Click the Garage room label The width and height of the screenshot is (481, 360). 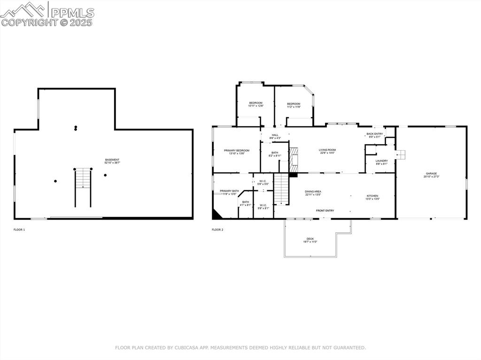[x=431, y=175]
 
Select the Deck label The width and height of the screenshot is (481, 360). [x=310, y=240]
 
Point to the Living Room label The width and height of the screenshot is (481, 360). [x=327, y=151]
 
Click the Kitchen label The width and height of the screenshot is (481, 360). [x=372, y=197]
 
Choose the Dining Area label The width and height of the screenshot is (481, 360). [x=313, y=193]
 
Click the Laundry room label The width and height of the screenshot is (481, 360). [x=381, y=162]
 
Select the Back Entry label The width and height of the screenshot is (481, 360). [x=374, y=135]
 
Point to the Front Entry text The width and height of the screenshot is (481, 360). [x=325, y=211]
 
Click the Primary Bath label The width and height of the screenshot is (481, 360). [x=229, y=192]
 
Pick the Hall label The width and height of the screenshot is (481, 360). [x=275, y=137]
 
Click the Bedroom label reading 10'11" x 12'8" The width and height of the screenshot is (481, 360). [x=256, y=104]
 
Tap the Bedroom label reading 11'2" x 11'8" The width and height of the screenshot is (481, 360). [x=294, y=105]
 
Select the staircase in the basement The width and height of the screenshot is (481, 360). [x=83, y=187]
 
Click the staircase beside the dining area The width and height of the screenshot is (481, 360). [x=280, y=188]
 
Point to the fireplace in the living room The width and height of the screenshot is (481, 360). [x=294, y=160]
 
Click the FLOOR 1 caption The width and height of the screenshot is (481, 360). [x=19, y=230]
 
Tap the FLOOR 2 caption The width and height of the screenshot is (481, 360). [x=217, y=230]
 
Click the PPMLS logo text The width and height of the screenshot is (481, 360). [x=72, y=13]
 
